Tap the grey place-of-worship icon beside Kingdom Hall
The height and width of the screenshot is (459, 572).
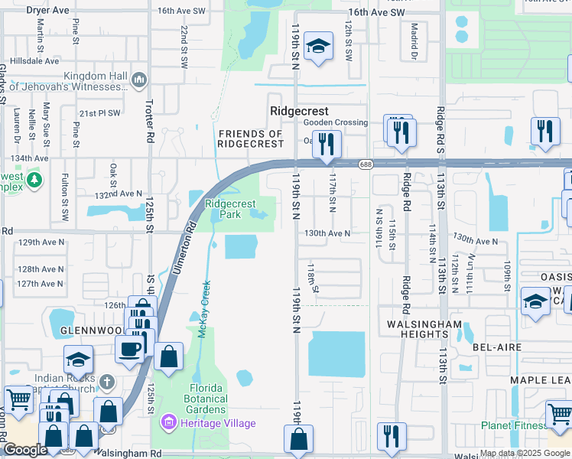[x=139, y=79]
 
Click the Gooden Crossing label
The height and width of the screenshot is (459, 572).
[x=335, y=122]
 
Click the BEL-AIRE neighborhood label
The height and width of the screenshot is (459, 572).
[x=497, y=347]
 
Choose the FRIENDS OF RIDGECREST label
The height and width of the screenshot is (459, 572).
[x=251, y=138]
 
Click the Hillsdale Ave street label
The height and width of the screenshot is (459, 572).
[x=30, y=60]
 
